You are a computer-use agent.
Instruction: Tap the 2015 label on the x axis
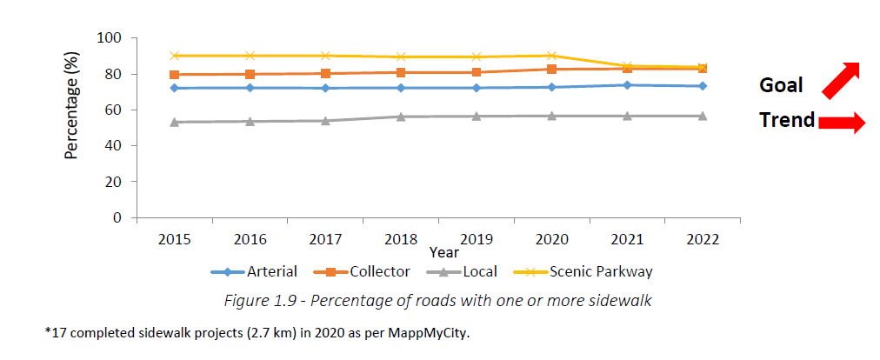click(x=174, y=238)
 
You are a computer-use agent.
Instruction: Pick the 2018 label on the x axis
click(x=401, y=238)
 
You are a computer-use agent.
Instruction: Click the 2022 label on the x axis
click(x=703, y=238)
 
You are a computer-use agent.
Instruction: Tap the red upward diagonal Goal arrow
click(x=839, y=79)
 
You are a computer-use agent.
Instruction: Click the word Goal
click(x=781, y=85)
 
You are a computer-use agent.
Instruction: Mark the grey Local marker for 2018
click(x=401, y=117)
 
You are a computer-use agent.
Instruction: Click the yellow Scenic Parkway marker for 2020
click(x=551, y=56)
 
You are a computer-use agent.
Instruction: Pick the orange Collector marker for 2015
click(x=174, y=75)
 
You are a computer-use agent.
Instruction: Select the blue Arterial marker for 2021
click(x=627, y=84)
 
